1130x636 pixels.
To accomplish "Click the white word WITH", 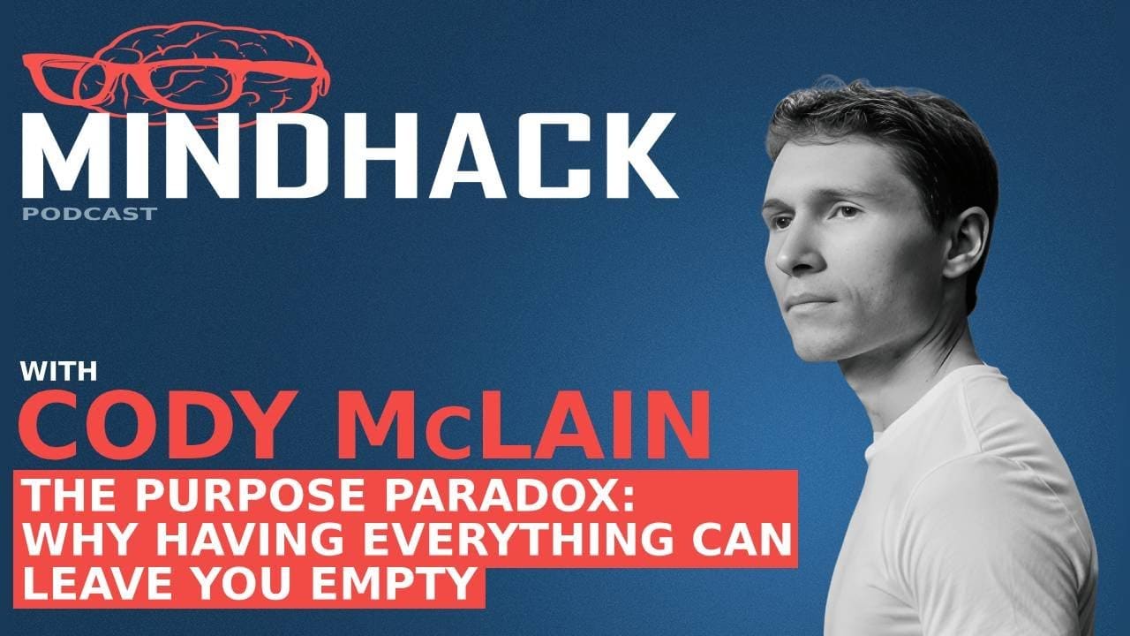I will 59,371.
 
